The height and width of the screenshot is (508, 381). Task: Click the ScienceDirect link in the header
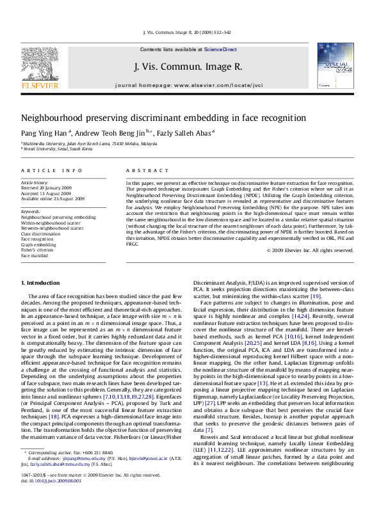coord(220,49)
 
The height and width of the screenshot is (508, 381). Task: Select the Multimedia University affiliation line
coord(89,144)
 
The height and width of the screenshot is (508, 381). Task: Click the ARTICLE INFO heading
coord(52,171)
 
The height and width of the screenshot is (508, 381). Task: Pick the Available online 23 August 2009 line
coord(53,198)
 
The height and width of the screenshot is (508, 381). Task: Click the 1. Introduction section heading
coord(41,282)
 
